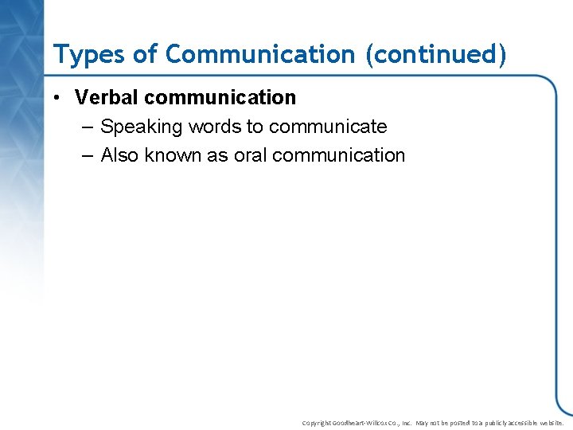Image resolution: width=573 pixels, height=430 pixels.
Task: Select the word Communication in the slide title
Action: (x=259, y=54)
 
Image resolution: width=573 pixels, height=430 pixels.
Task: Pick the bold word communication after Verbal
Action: (x=220, y=98)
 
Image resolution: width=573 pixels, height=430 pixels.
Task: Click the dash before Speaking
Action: (x=87, y=127)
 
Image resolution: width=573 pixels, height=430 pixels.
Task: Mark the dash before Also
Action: (x=87, y=156)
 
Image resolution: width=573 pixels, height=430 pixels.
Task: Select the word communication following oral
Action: (x=338, y=155)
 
